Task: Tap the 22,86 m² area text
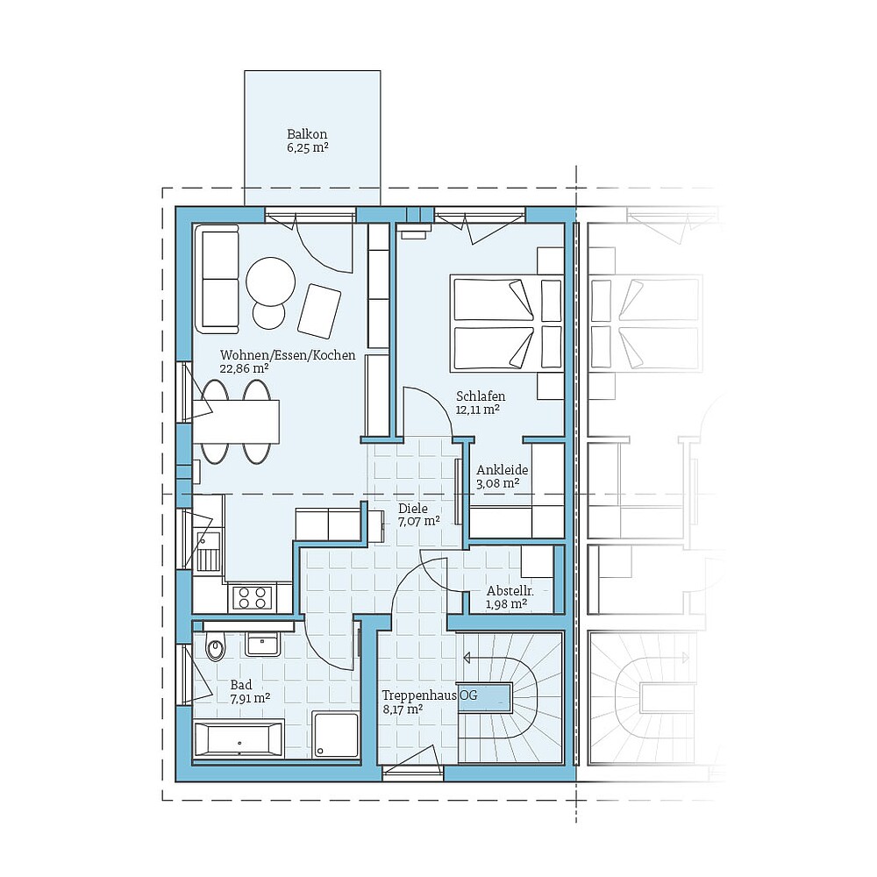[244, 369]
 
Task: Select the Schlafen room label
[481, 396]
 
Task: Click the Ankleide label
[502, 469]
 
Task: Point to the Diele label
[413, 508]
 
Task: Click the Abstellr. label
[507, 589]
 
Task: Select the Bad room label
[240, 684]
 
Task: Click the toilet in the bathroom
[214, 649]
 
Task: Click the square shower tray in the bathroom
[336, 735]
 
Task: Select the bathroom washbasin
[262, 644]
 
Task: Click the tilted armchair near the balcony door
[319, 310]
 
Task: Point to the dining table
[237, 421]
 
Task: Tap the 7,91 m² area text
[250, 699]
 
